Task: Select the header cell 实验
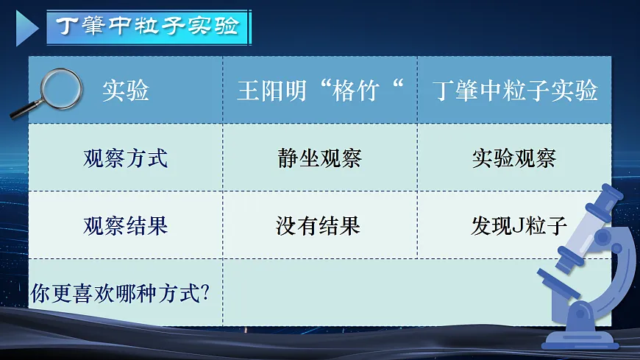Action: pyautogui.click(x=126, y=91)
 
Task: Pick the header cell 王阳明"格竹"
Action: pyautogui.click(x=320, y=91)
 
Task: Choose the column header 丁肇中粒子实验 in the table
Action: pyautogui.click(x=514, y=91)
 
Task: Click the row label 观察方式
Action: pyautogui.click(x=126, y=158)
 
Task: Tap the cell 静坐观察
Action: pyautogui.click(x=320, y=158)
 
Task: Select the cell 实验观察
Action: pyautogui.click(x=514, y=158)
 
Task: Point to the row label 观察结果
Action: pyautogui.click(x=126, y=225)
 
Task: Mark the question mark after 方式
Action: pyautogui.click(x=206, y=293)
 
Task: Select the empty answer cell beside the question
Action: pyautogui.click(x=416, y=292)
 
